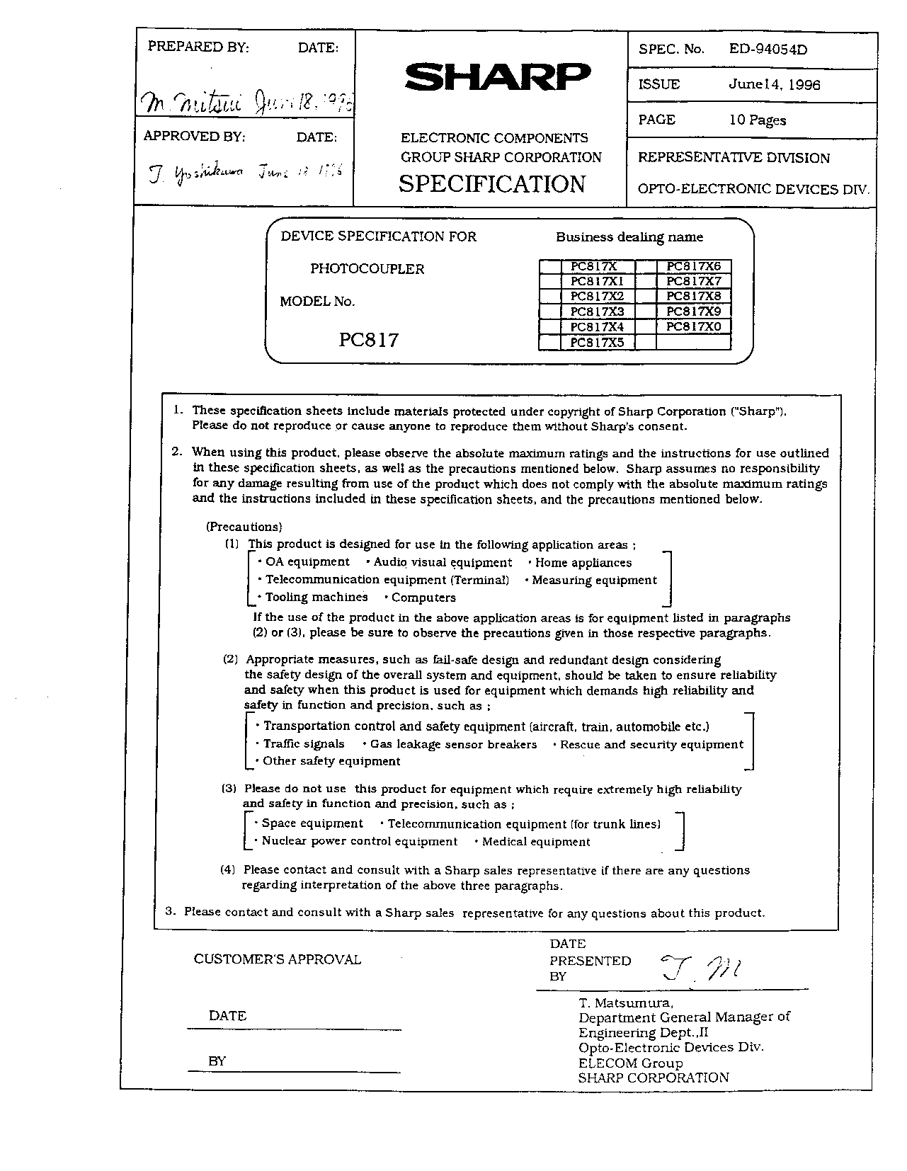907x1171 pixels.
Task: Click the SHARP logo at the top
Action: pos(496,77)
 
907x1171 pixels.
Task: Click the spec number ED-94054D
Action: pos(768,49)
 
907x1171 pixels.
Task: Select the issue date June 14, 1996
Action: pos(775,85)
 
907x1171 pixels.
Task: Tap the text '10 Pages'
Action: pos(758,120)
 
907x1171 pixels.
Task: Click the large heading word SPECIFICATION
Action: pos(492,184)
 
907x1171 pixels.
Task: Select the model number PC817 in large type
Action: pos(368,340)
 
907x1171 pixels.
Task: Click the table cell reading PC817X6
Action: pos(693,266)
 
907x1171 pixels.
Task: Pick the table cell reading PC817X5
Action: pos(597,343)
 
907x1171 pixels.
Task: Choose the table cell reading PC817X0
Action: pos(693,327)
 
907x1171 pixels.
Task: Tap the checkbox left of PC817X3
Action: pos(549,312)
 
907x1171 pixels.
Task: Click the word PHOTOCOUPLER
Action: pos(367,269)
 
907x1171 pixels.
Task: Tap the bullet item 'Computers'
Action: pos(423,598)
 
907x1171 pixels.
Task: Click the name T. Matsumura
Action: pos(626,1003)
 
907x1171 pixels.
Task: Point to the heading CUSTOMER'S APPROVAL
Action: pos(278,959)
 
